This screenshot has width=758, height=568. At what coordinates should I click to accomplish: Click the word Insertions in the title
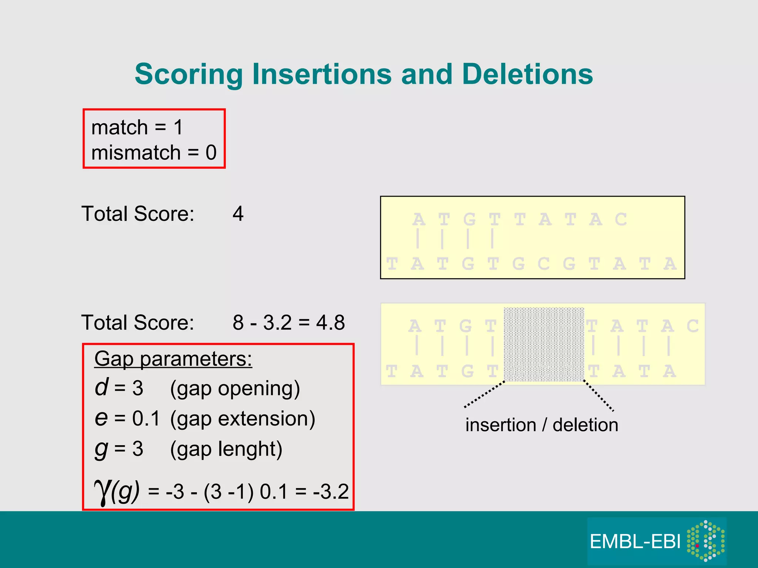coord(322,74)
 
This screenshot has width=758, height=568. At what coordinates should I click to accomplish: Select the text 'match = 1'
coord(137,127)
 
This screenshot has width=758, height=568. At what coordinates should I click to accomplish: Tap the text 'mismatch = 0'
coord(154,152)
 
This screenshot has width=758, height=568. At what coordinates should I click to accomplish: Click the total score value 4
coord(238,214)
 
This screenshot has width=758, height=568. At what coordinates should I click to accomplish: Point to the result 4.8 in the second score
coord(331,322)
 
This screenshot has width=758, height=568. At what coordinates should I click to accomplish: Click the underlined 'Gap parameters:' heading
coord(173,359)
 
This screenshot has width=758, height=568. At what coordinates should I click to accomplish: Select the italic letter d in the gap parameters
coord(101,387)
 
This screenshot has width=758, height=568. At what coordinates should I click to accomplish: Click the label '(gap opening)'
coord(235,389)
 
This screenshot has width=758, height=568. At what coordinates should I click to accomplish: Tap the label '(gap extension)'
coord(242,419)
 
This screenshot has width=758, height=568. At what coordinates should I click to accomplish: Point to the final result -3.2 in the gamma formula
coord(331,491)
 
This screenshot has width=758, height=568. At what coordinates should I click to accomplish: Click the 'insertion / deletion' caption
coord(541,425)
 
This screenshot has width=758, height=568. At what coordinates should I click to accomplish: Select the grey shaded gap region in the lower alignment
coord(544,344)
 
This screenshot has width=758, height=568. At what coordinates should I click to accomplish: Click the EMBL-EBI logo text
coord(635,542)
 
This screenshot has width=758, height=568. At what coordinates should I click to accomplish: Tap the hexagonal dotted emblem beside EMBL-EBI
coord(705,541)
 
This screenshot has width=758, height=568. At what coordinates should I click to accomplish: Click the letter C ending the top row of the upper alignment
coord(621,219)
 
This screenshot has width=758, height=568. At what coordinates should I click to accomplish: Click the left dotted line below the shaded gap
coord(484,395)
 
